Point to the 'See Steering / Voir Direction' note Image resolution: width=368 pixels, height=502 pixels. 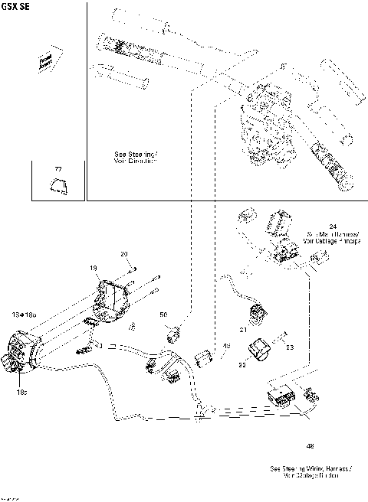(135, 158)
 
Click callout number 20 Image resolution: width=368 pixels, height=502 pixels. (124, 253)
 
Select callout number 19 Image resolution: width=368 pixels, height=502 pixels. (94, 268)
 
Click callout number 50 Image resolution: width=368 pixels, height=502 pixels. (163, 315)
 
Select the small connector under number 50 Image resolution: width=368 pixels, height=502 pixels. (174, 332)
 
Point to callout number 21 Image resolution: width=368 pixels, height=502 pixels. (242, 330)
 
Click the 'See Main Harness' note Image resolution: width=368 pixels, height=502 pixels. (332, 236)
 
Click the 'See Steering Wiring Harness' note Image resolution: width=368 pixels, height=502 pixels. (310, 471)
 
